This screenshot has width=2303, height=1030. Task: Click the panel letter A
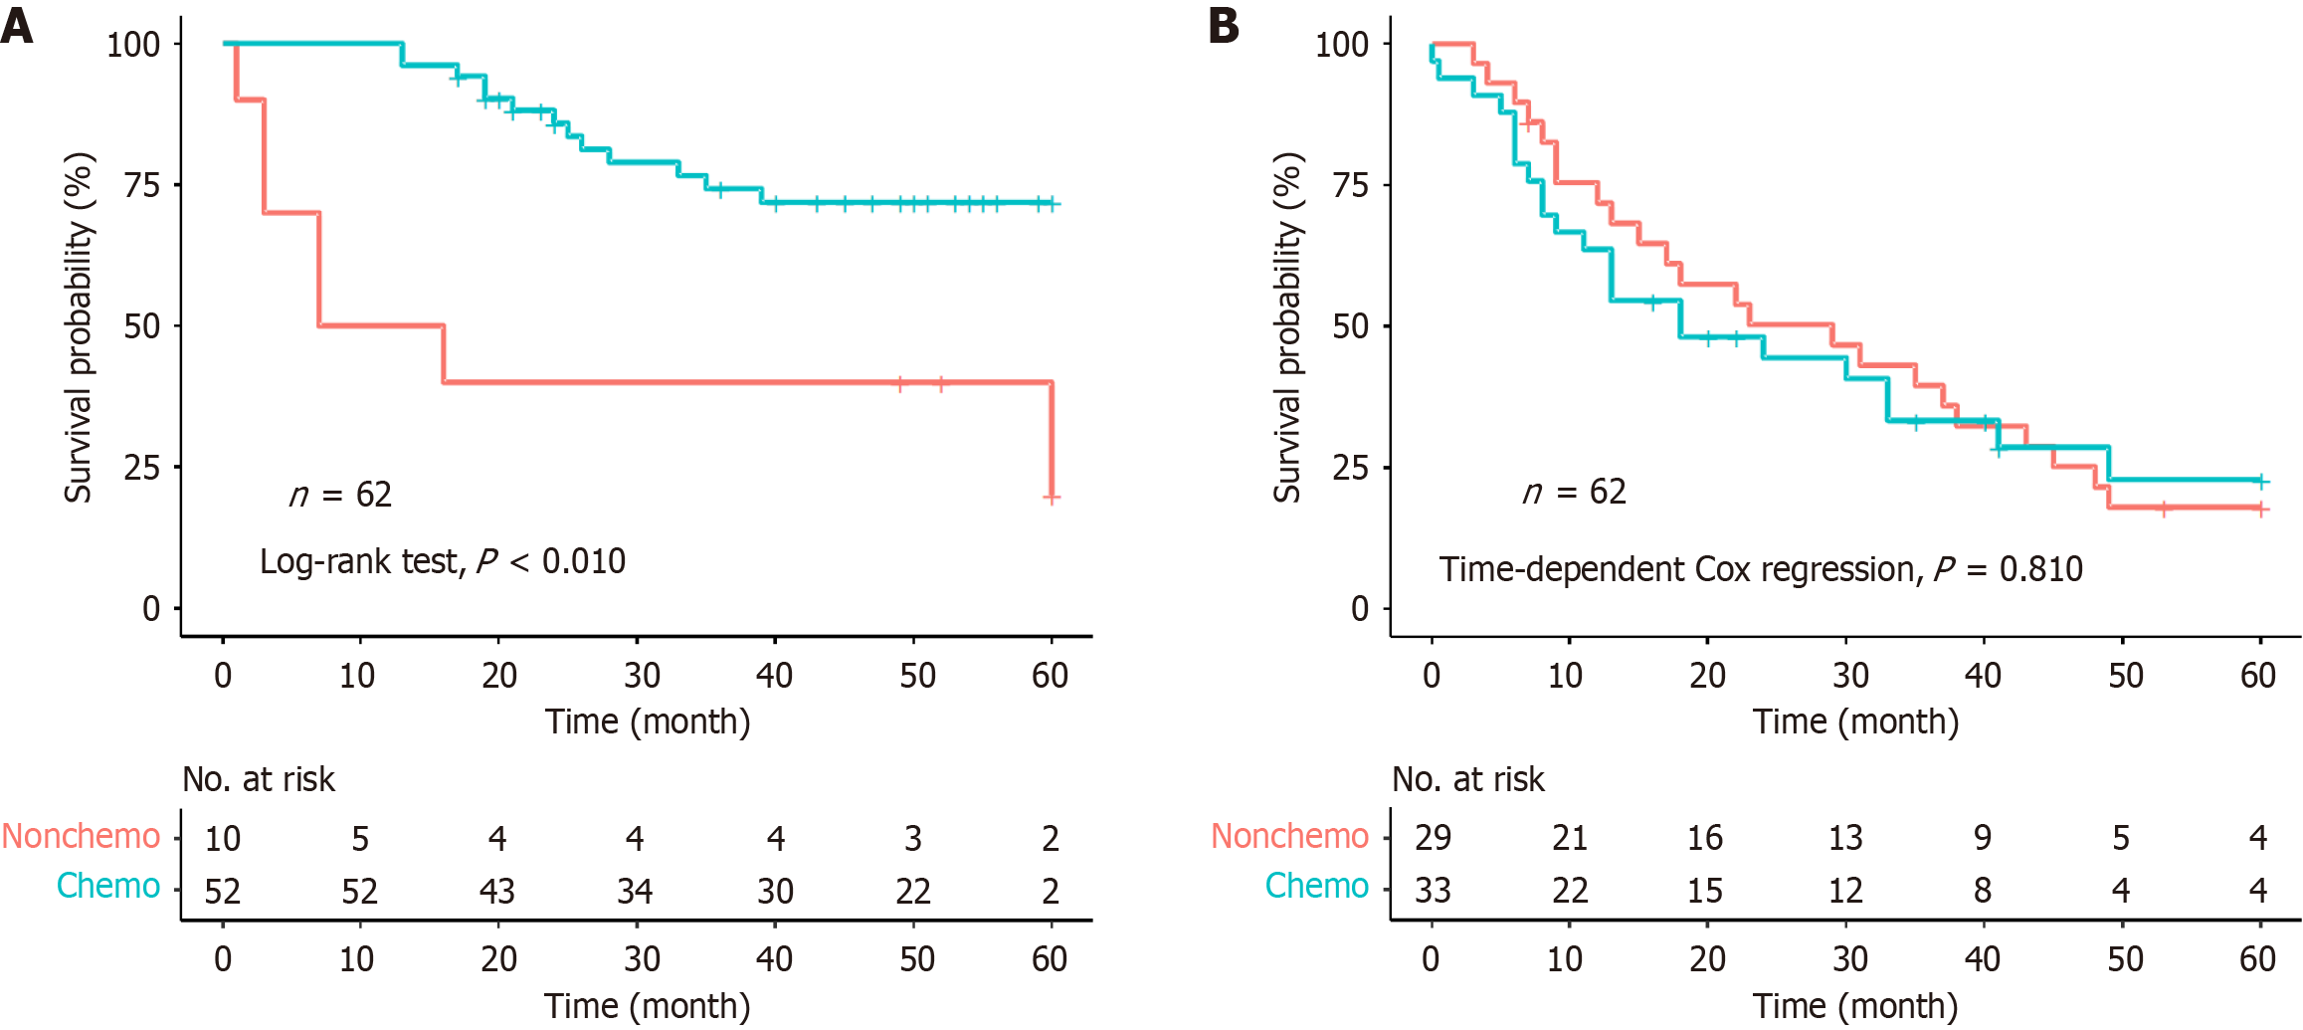tap(17, 25)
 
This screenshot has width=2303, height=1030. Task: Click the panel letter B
tap(1225, 25)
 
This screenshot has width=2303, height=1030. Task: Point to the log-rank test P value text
tap(443, 561)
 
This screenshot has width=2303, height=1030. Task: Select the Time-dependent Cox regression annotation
tap(1761, 569)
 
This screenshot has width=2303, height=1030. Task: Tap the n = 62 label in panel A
tap(340, 495)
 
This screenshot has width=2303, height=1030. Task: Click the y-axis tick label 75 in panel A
tap(142, 185)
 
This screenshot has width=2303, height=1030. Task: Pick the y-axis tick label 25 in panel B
tap(1351, 468)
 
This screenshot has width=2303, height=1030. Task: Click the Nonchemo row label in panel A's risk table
tap(81, 836)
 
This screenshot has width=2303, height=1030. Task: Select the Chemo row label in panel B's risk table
tap(1316, 886)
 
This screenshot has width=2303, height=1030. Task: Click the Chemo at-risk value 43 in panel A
tap(497, 891)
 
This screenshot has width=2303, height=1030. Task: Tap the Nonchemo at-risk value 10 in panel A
tap(223, 839)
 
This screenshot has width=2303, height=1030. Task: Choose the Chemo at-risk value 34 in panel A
tap(635, 891)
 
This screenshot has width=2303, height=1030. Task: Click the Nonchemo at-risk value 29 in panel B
tap(1433, 838)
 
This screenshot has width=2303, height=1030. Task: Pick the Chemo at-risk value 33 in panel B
tap(1433, 891)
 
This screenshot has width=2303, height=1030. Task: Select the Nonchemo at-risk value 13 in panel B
tap(1845, 838)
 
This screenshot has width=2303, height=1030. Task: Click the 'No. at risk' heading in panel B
tap(1468, 779)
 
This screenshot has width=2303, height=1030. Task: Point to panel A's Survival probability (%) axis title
tap(79, 327)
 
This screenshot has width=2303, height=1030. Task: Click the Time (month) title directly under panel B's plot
tap(1856, 721)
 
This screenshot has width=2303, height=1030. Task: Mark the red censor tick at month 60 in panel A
tap(1052, 497)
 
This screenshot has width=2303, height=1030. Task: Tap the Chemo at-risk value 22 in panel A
tap(913, 891)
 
